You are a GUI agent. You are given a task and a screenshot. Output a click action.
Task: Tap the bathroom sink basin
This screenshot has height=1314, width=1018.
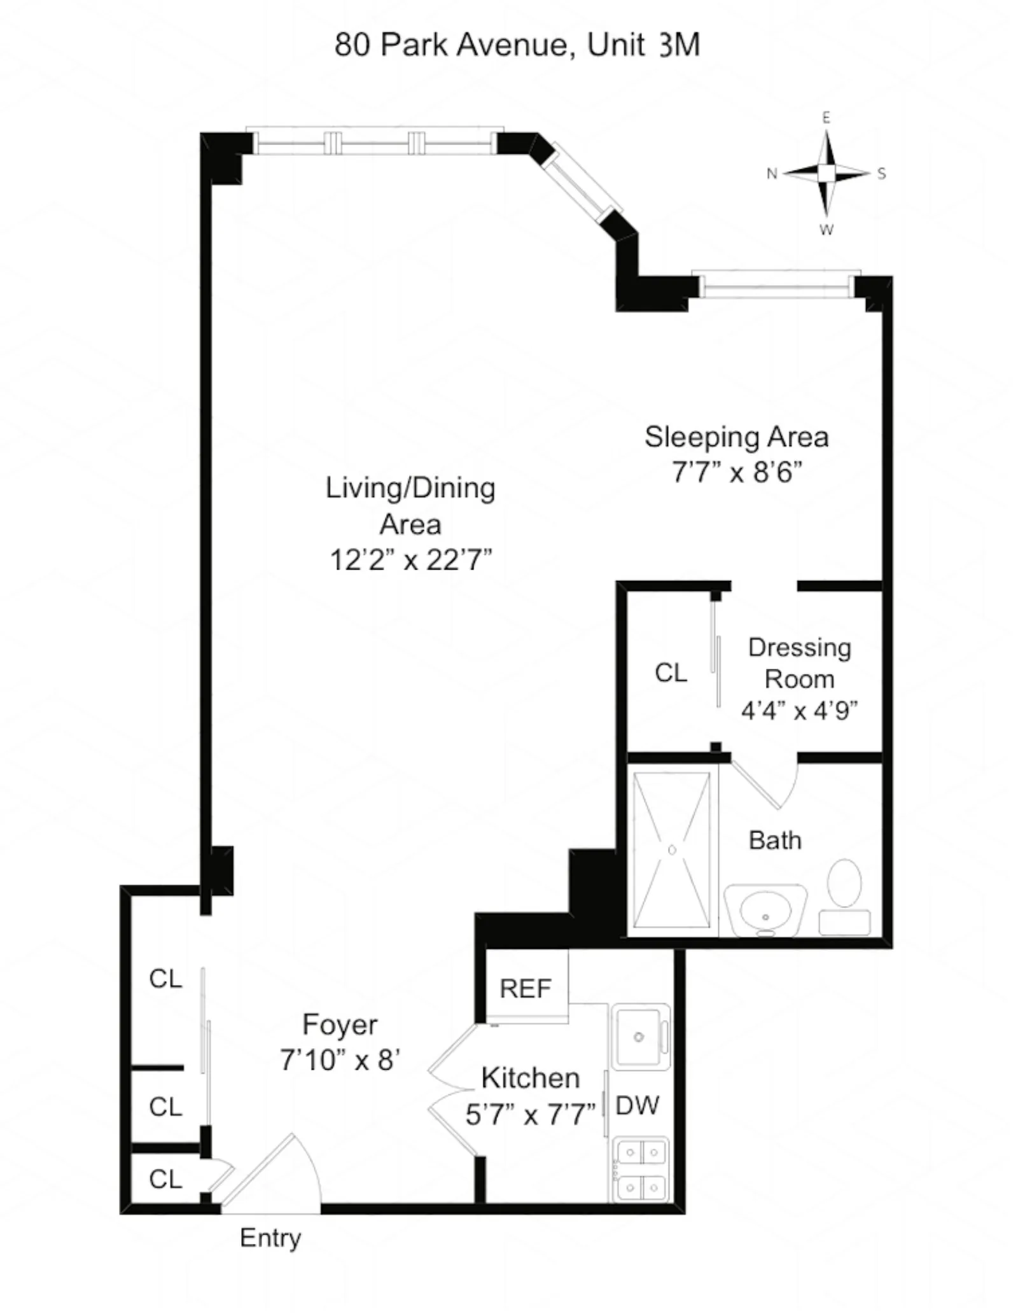point(765,911)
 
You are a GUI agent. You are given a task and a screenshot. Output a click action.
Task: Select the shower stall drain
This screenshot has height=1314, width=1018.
point(672,849)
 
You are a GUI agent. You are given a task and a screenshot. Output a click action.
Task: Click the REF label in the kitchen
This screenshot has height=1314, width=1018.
point(525,988)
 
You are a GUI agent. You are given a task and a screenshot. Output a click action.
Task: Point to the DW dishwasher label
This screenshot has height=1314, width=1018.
point(638,1105)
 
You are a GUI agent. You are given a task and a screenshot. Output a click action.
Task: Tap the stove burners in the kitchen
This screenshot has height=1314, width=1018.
point(640,1169)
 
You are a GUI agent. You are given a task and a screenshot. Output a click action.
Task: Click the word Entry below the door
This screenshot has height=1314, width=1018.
point(270,1238)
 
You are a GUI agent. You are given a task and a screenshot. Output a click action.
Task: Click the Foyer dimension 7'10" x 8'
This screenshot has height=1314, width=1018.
point(340,1060)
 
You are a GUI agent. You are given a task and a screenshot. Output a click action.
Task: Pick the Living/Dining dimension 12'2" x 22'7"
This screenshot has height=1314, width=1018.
point(410,560)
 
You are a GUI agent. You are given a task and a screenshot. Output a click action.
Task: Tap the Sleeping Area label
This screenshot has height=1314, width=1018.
point(736,437)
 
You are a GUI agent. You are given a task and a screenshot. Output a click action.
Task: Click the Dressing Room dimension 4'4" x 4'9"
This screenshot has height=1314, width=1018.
point(799,709)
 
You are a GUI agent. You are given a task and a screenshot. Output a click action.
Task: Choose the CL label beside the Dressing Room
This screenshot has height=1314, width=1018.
point(671,673)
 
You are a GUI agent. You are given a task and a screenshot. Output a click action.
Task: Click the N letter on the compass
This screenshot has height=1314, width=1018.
point(772,174)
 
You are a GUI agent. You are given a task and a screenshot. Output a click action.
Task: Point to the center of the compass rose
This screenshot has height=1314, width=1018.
point(826,173)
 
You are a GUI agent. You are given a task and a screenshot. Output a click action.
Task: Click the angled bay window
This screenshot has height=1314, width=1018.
point(582,183)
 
